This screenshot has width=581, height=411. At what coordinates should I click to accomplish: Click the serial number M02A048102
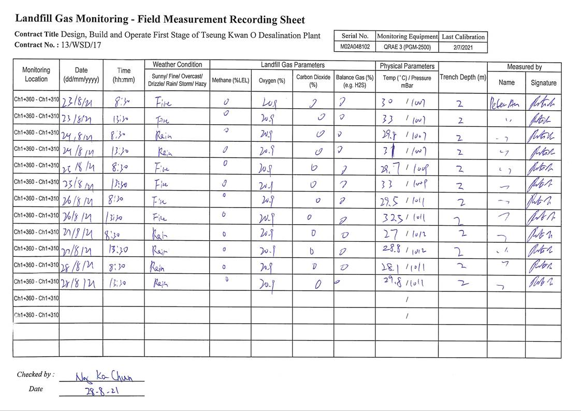355,47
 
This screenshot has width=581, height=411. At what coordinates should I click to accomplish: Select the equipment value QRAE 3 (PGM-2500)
407,47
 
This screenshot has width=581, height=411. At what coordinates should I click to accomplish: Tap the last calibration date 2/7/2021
463,47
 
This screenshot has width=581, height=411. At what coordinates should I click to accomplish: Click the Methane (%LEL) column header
230,80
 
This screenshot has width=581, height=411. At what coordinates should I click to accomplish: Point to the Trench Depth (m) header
463,77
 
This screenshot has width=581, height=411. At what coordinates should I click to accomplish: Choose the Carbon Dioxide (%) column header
313,80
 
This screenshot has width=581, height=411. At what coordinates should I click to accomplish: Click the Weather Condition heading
177,65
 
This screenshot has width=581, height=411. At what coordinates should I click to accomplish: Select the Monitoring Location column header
36,75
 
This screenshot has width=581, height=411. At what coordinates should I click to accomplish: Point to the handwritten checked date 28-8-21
102,391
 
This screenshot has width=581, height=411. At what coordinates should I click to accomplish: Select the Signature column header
543,83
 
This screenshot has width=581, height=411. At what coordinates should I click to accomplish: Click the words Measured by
524,67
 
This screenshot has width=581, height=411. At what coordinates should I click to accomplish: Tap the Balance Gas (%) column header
355,80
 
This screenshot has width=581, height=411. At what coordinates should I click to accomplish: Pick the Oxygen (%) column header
272,81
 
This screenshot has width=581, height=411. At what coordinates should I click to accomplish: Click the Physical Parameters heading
407,66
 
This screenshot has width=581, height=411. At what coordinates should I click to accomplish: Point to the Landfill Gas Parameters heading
293,65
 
